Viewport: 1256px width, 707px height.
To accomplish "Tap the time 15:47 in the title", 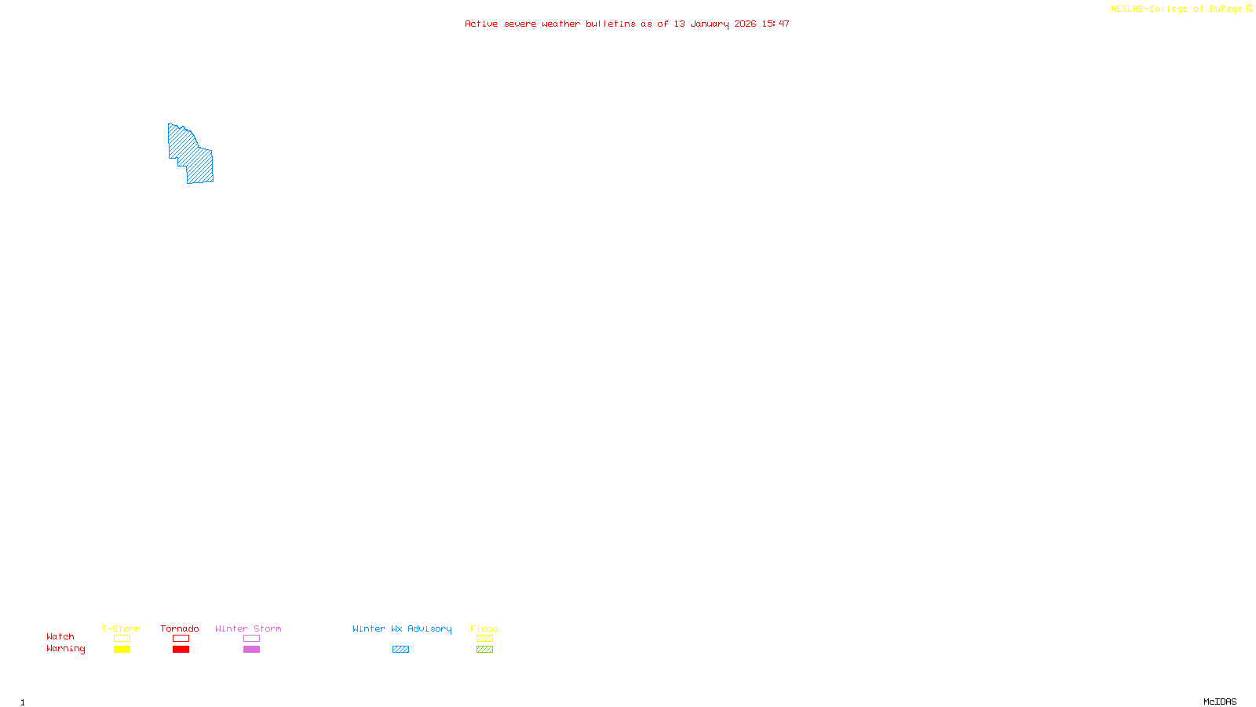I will click(x=775, y=24).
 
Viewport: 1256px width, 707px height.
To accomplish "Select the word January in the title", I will click(x=709, y=24).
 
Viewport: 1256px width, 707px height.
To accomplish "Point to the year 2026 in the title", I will click(x=745, y=24).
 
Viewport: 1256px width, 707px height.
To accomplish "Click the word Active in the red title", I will click(x=480, y=24).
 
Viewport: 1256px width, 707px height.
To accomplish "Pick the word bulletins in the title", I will click(x=610, y=24).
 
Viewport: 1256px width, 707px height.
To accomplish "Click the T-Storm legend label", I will click(x=121, y=628).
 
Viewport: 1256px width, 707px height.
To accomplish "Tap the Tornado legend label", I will click(x=180, y=628).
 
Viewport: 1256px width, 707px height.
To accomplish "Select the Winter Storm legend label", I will click(x=248, y=628).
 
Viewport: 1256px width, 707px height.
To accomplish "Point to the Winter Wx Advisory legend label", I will click(x=402, y=628).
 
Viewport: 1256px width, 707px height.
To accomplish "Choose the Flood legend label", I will click(x=484, y=628).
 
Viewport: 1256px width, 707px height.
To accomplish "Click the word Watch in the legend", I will click(x=60, y=636).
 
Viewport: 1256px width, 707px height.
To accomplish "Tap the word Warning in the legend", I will click(x=65, y=649).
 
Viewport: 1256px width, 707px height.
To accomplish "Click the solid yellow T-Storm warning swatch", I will click(x=122, y=650).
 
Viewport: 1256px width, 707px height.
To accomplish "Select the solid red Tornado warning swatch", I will click(x=181, y=650).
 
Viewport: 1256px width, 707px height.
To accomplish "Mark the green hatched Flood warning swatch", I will click(x=484, y=650).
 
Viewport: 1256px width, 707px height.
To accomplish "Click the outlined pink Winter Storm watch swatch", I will click(x=251, y=639).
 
